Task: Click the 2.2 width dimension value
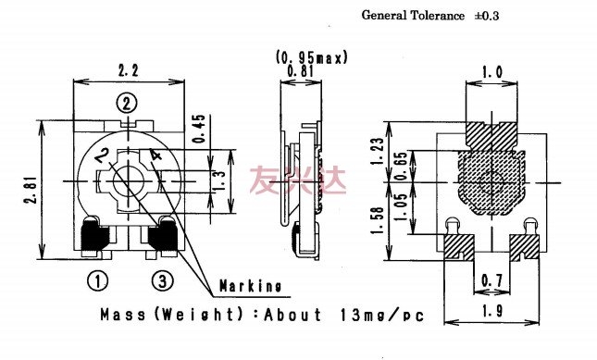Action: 128,70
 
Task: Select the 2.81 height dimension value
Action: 31,190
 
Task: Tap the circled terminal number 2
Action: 127,103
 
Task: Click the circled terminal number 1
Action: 97,281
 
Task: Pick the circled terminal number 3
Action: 163,281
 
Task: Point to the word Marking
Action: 251,286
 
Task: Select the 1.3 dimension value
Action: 220,180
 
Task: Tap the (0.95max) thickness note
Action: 312,57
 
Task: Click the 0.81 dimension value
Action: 301,71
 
